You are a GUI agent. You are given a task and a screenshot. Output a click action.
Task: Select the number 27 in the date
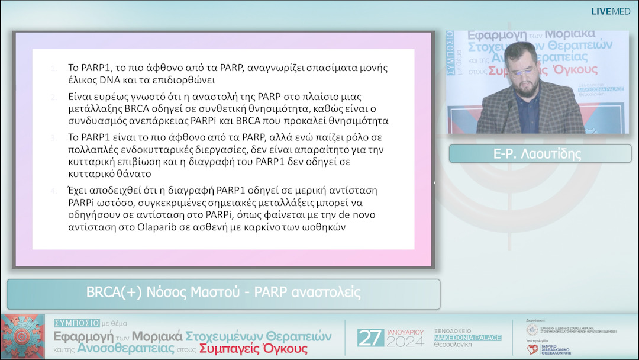(370, 337)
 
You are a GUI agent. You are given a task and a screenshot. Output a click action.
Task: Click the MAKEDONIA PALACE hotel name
(467, 337)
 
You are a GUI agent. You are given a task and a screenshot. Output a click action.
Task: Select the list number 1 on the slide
(54, 67)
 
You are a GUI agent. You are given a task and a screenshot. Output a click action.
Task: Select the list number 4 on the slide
(54, 191)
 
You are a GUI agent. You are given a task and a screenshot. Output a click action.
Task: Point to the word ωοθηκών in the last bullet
(323, 226)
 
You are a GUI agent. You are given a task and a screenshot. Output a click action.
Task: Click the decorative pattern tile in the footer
(22, 337)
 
